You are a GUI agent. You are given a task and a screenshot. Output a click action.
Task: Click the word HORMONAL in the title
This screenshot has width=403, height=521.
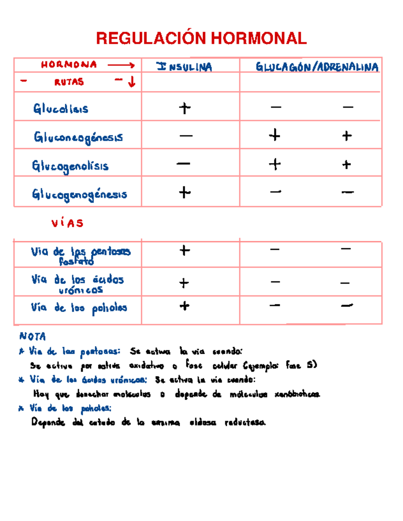[259, 38]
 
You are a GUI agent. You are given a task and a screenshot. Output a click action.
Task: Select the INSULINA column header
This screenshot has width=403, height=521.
[184, 67]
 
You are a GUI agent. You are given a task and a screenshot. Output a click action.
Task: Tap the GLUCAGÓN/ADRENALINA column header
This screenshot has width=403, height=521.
[317, 67]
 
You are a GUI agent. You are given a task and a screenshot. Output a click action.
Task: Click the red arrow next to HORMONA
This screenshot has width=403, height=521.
[121, 65]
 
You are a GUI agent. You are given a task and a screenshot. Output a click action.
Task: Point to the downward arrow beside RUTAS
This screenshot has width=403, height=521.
[132, 82]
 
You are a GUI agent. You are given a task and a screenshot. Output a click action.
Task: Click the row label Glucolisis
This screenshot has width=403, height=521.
[61, 108]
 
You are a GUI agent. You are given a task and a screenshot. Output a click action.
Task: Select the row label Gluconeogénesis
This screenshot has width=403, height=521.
[78, 137]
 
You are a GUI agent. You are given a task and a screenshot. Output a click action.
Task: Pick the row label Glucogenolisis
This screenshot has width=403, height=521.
[70, 166]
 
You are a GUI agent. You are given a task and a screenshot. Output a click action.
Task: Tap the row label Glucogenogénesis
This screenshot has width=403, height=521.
[80, 194]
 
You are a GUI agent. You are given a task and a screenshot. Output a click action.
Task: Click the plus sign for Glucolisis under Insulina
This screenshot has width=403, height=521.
[185, 108]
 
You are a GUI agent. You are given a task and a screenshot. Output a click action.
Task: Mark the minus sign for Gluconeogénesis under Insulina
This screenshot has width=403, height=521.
[186, 136]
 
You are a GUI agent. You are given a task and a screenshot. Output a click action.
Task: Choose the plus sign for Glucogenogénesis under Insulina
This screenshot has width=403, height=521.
[185, 193]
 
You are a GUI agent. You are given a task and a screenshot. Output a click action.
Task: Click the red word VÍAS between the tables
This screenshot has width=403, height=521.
[67, 223]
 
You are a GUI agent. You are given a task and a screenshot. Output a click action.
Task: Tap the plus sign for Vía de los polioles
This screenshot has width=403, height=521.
[184, 306]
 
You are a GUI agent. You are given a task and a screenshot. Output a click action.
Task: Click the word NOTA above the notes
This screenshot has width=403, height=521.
[33, 336]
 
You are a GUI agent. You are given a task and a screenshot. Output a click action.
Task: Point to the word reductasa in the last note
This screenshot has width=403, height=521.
[245, 422]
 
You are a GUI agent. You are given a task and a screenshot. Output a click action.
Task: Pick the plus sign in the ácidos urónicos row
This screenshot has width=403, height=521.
[184, 283]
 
